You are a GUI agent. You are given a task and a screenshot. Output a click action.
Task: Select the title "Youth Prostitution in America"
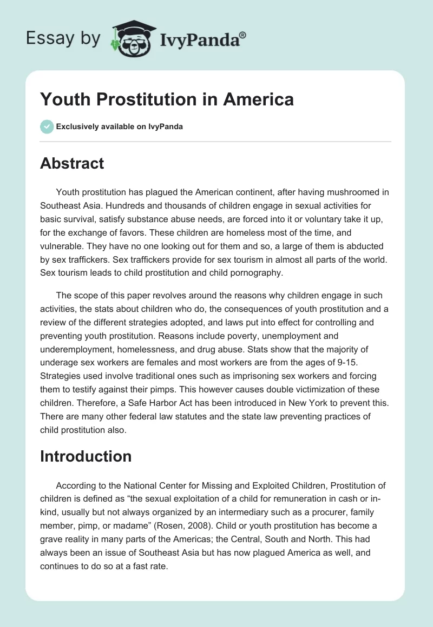[167, 99]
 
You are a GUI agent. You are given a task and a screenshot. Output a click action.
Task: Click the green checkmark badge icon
[47, 126]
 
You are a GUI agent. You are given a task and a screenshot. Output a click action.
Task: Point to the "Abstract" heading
[72, 163]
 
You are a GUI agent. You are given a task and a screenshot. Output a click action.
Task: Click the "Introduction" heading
[86, 456]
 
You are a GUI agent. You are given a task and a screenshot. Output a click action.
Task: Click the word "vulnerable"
[63, 246]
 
